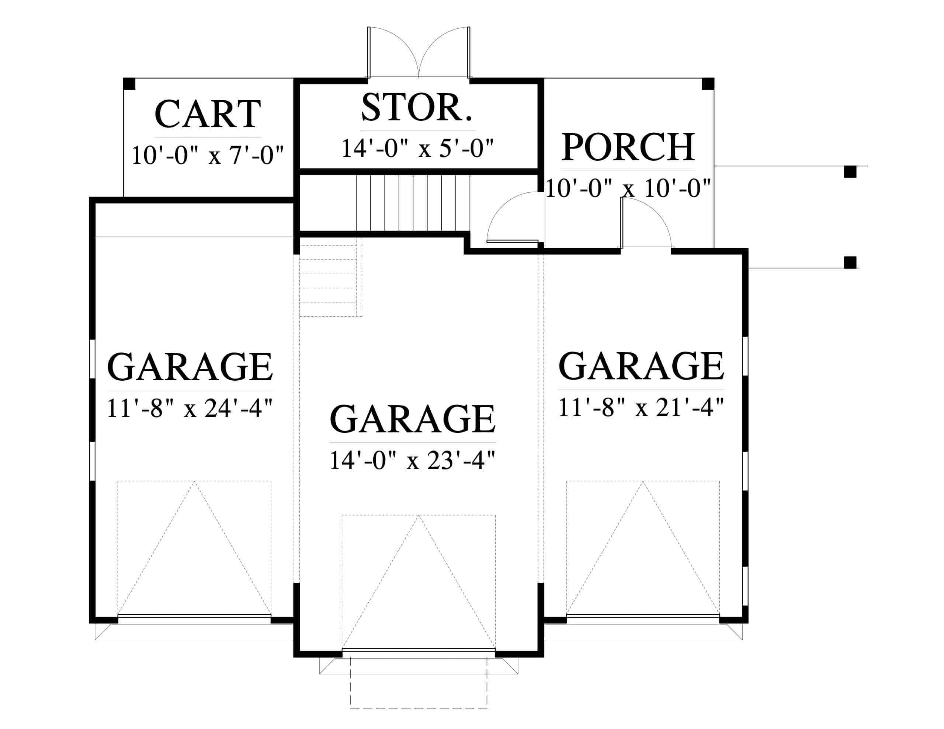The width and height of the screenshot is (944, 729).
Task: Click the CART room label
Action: click(x=208, y=114)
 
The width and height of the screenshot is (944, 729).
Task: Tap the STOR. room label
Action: click(x=417, y=107)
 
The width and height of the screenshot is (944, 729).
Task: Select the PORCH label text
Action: click(x=628, y=147)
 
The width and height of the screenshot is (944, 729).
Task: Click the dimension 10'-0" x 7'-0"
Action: click(x=208, y=155)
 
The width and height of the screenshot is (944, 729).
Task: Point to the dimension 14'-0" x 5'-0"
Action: click(x=417, y=148)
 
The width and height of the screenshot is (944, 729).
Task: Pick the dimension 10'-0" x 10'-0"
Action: click(x=628, y=188)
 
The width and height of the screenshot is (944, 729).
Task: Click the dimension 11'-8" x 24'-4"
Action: click(x=190, y=408)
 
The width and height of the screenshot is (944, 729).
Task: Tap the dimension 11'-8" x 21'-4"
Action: click(x=641, y=407)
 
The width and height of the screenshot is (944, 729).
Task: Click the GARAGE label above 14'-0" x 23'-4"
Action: click(x=412, y=419)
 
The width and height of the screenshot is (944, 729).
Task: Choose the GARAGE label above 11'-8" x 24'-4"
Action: click(x=190, y=366)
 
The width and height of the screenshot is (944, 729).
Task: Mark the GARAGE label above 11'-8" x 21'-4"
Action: click(x=641, y=366)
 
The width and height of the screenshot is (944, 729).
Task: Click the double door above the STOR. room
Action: click(x=419, y=52)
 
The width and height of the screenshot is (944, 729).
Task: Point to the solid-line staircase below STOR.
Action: click(x=413, y=203)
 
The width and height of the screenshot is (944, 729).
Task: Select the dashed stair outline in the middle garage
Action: click(x=331, y=281)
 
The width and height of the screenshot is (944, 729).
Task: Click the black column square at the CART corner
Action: click(x=129, y=84)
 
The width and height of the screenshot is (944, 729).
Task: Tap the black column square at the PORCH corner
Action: click(x=708, y=84)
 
